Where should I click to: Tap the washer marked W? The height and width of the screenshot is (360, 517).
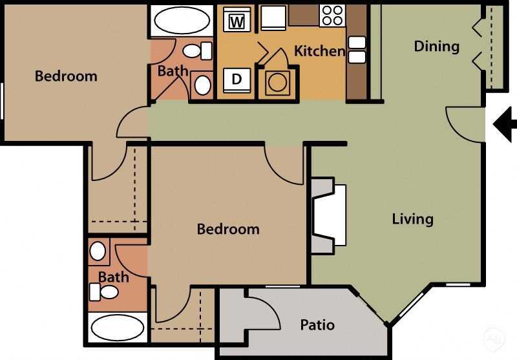237,21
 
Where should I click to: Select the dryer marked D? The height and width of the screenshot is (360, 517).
237,79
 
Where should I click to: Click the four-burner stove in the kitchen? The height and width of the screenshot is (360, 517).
333,16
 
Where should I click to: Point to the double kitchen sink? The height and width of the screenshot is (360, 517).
357,49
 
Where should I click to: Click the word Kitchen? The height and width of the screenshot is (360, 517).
319,50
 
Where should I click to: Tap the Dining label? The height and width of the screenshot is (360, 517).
436,47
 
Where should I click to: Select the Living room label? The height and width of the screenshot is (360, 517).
412,218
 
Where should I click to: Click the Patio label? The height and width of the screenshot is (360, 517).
317,324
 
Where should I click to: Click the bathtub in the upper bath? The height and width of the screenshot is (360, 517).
181,21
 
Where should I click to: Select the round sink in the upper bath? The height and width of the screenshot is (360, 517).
202,84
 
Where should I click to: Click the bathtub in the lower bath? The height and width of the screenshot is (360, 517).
117,328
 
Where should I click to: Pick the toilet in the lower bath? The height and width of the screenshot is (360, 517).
105,292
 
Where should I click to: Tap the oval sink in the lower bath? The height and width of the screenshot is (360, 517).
98,251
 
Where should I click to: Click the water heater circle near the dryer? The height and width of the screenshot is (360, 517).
279,83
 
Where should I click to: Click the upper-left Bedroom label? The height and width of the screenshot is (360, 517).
66,76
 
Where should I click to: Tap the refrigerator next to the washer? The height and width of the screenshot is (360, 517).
273,18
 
